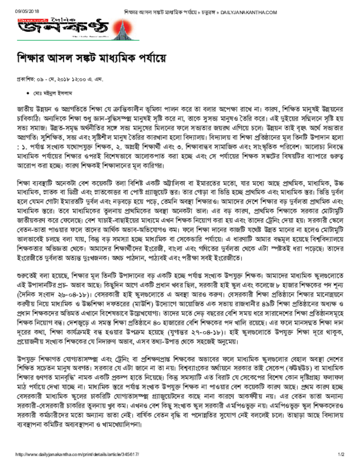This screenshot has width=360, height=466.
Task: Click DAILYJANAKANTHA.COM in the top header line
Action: coord(249,12)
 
